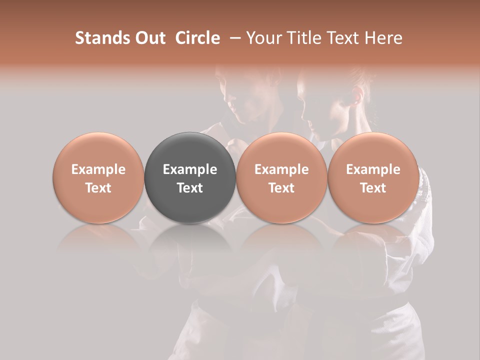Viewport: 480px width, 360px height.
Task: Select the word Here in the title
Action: tap(384, 38)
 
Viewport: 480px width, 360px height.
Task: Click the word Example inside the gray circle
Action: tap(190, 169)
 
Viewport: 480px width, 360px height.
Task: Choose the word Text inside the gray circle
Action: tap(190, 188)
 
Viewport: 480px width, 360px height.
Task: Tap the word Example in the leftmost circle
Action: tap(98, 169)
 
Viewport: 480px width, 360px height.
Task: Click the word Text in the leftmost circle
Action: tap(98, 188)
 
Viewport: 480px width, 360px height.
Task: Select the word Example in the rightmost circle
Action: tap(373, 169)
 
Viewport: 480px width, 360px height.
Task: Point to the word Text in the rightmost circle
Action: tap(373, 188)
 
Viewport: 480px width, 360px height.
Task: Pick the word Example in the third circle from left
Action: tap(281, 169)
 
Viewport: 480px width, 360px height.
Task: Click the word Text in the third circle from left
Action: tap(281, 188)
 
